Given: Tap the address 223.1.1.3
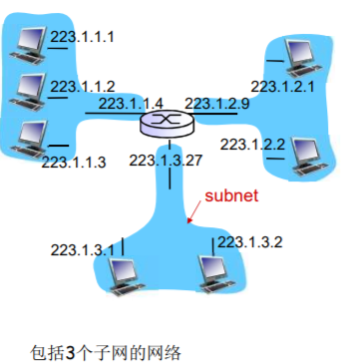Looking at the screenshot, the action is (74, 162).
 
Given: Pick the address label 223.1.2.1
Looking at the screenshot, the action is (283, 87).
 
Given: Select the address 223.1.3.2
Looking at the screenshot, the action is (251, 241).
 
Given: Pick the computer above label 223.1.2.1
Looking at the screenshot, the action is (297, 55).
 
